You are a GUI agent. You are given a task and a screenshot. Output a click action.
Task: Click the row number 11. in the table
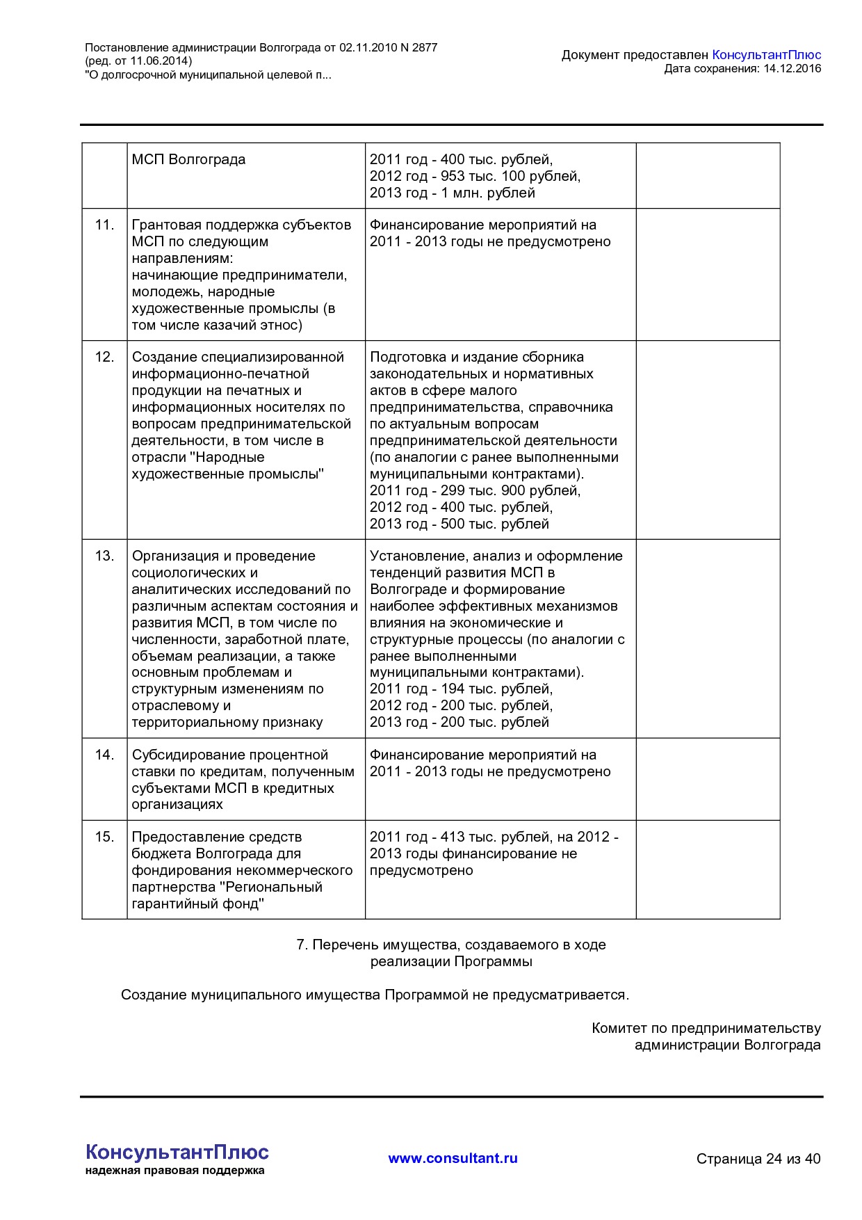pyautogui.click(x=104, y=225)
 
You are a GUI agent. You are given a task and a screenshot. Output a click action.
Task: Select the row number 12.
pyautogui.click(x=104, y=357)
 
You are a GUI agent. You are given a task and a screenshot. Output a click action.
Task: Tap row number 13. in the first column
pyautogui.click(x=104, y=556)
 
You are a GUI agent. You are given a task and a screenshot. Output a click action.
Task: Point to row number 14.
pyautogui.click(x=104, y=755)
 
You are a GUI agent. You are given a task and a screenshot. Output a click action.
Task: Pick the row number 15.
pyautogui.click(x=104, y=837)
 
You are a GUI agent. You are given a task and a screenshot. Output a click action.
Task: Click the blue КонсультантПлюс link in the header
pyautogui.click(x=766, y=55)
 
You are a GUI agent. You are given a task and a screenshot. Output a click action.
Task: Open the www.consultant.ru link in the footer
pyautogui.click(x=453, y=1158)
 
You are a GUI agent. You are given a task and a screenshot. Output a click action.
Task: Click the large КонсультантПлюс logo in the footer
pyautogui.click(x=177, y=1152)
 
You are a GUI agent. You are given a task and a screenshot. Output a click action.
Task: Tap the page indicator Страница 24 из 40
pyautogui.click(x=758, y=1159)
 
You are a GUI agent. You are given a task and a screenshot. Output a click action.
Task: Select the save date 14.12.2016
pyautogui.click(x=792, y=68)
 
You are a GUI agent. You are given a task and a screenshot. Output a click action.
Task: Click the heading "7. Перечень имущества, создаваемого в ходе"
pyautogui.click(x=451, y=945)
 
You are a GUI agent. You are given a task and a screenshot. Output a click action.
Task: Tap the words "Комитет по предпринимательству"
pyautogui.click(x=706, y=1028)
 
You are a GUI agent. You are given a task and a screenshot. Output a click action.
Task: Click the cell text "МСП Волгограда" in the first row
pyautogui.click(x=188, y=159)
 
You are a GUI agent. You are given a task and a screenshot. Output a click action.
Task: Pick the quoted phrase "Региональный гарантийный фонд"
pyautogui.click(x=227, y=895)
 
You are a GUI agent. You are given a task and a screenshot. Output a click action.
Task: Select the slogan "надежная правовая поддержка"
pyautogui.click(x=174, y=1171)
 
